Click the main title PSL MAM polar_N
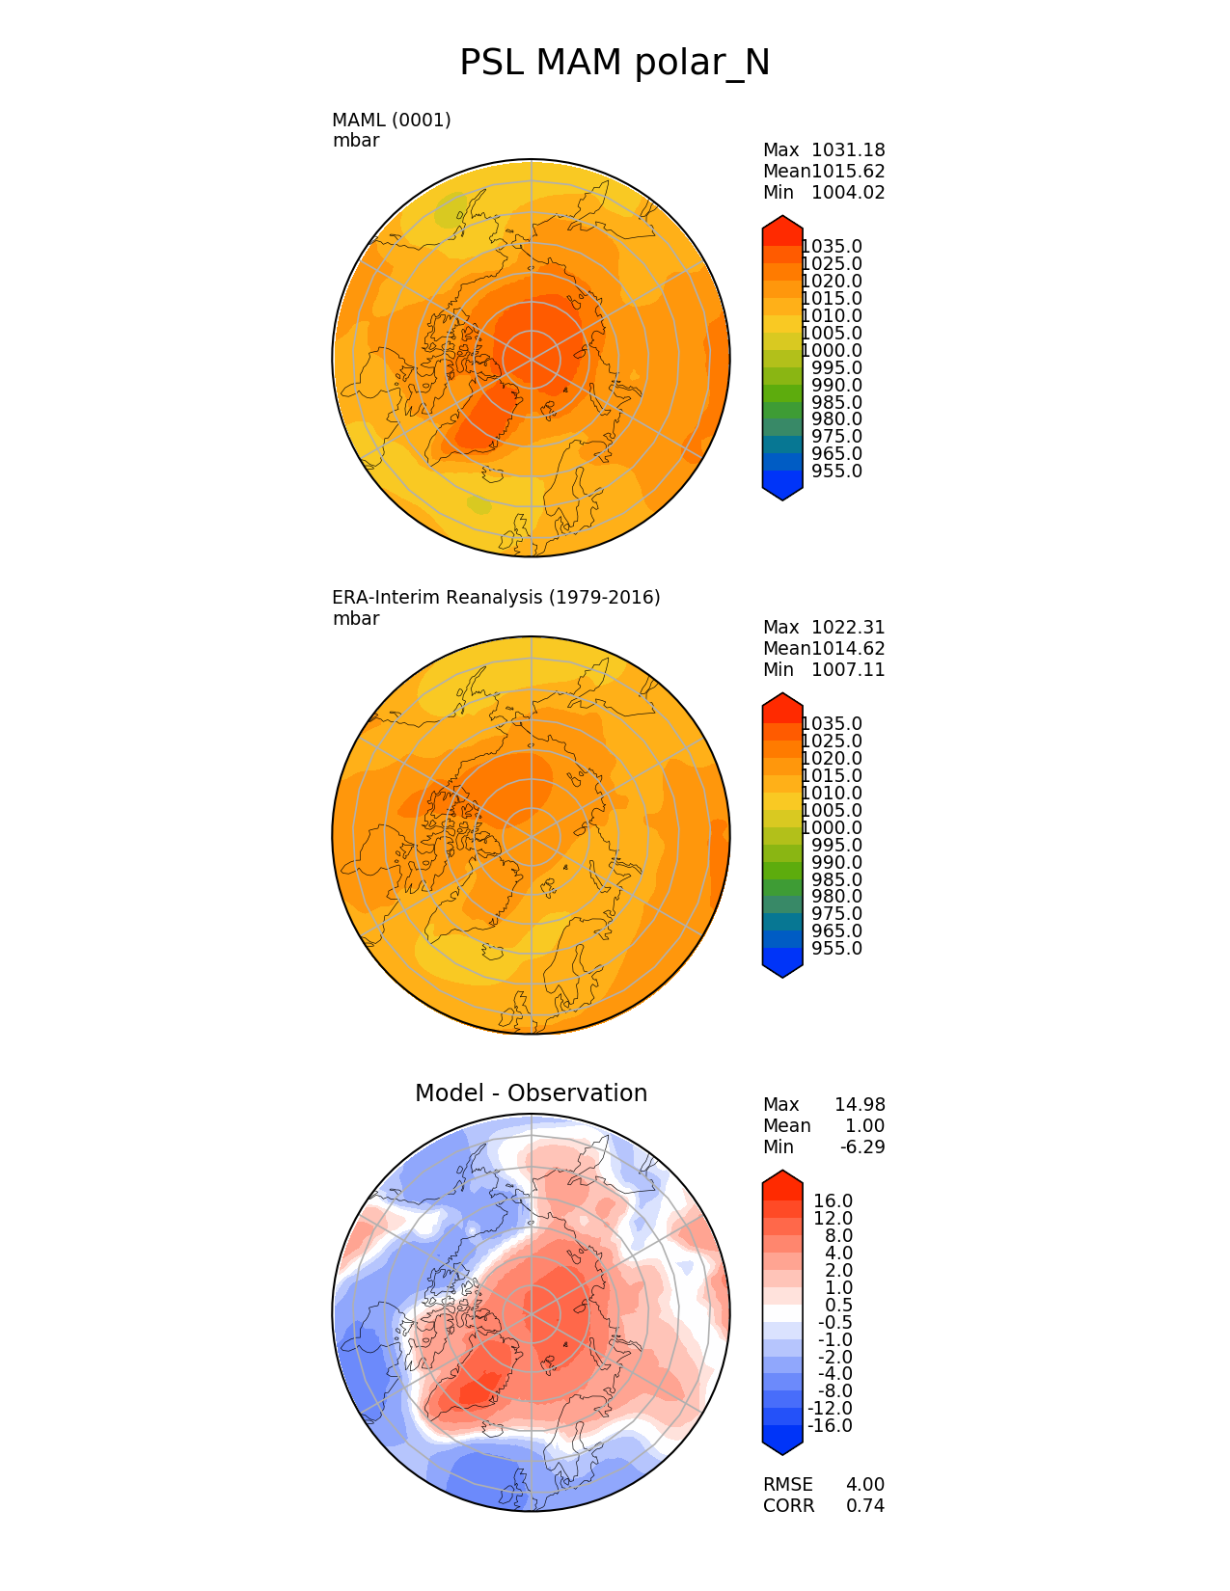click(x=615, y=63)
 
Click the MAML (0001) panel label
click(x=391, y=120)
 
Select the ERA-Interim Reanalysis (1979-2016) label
click(x=496, y=597)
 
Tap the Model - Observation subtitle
click(x=531, y=1092)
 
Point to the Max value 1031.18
click(x=848, y=149)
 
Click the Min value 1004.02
click(x=848, y=192)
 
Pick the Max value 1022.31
click(x=848, y=627)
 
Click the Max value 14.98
click(x=860, y=1104)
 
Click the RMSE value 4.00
click(x=864, y=1484)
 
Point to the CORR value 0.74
click(x=864, y=1505)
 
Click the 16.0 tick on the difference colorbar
click(x=834, y=1200)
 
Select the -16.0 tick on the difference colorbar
click(x=830, y=1425)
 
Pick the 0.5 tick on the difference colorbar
click(x=838, y=1305)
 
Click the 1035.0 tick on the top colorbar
click(x=832, y=247)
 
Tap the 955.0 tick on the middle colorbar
click(x=836, y=948)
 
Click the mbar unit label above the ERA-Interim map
click(x=356, y=618)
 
